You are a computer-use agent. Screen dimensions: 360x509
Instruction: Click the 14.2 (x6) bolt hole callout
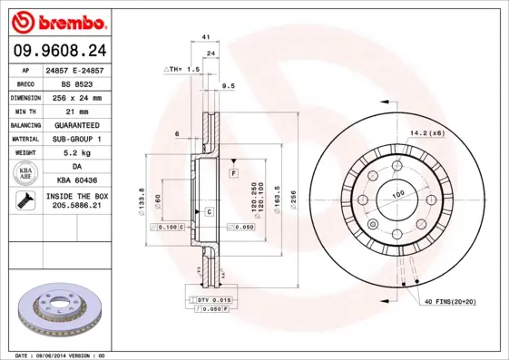pyautogui.click(x=426, y=133)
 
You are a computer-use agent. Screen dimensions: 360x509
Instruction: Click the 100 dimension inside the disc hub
pyautogui.click(x=397, y=195)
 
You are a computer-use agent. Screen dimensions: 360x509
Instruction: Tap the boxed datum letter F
pyautogui.click(x=233, y=171)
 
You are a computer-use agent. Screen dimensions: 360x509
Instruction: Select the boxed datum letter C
pyautogui.click(x=209, y=211)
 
